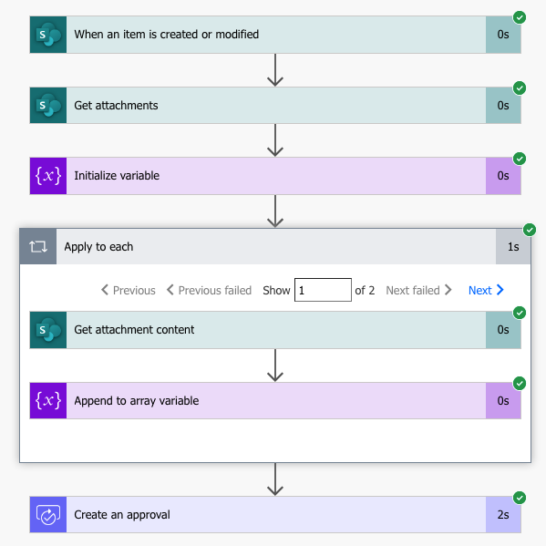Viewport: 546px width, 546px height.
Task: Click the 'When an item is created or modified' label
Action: [x=166, y=35]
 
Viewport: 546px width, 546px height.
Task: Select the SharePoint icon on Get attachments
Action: [x=47, y=106]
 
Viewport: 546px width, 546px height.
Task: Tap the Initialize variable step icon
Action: [x=47, y=176]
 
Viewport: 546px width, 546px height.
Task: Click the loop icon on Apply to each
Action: [x=38, y=247]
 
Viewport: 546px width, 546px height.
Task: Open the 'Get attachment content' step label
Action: [x=134, y=330]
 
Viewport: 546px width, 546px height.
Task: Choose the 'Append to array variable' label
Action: [x=136, y=401]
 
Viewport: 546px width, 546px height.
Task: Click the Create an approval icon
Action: [x=47, y=515]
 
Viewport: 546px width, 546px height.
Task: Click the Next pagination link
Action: [x=486, y=291]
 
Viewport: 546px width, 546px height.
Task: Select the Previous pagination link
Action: [x=128, y=291]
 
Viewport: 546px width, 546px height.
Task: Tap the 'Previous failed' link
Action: [x=209, y=291]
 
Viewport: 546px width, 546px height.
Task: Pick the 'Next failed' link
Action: [x=418, y=291]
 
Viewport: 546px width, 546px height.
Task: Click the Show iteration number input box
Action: [x=323, y=291]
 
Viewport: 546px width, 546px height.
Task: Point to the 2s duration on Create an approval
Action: [x=503, y=515]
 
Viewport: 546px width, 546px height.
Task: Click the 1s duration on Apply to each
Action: [x=513, y=247]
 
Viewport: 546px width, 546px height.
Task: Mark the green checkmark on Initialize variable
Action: [x=520, y=159]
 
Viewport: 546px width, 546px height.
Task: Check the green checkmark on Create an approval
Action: [x=520, y=498]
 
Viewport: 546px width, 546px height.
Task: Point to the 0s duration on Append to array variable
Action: [x=503, y=401]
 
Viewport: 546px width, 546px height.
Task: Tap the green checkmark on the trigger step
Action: [x=520, y=17]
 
